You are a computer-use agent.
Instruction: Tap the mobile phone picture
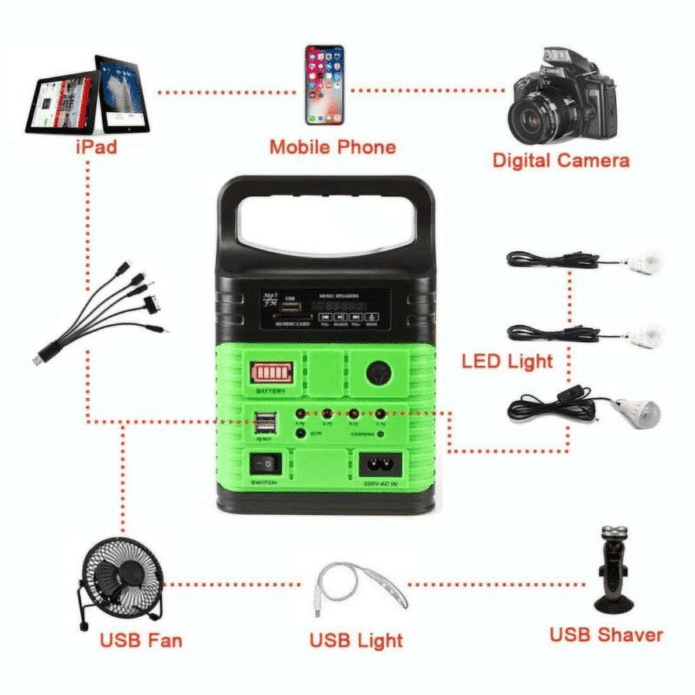click(x=325, y=85)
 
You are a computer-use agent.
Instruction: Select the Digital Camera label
click(x=561, y=160)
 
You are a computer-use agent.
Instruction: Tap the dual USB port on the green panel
click(x=265, y=423)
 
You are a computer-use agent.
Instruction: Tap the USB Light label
click(x=356, y=639)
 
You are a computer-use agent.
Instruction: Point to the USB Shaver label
click(x=606, y=634)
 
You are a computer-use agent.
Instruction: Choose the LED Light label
click(x=507, y=361)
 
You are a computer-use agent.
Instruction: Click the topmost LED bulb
click(x=642, y=261)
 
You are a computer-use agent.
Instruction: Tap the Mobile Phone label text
click(x=332, y=147)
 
